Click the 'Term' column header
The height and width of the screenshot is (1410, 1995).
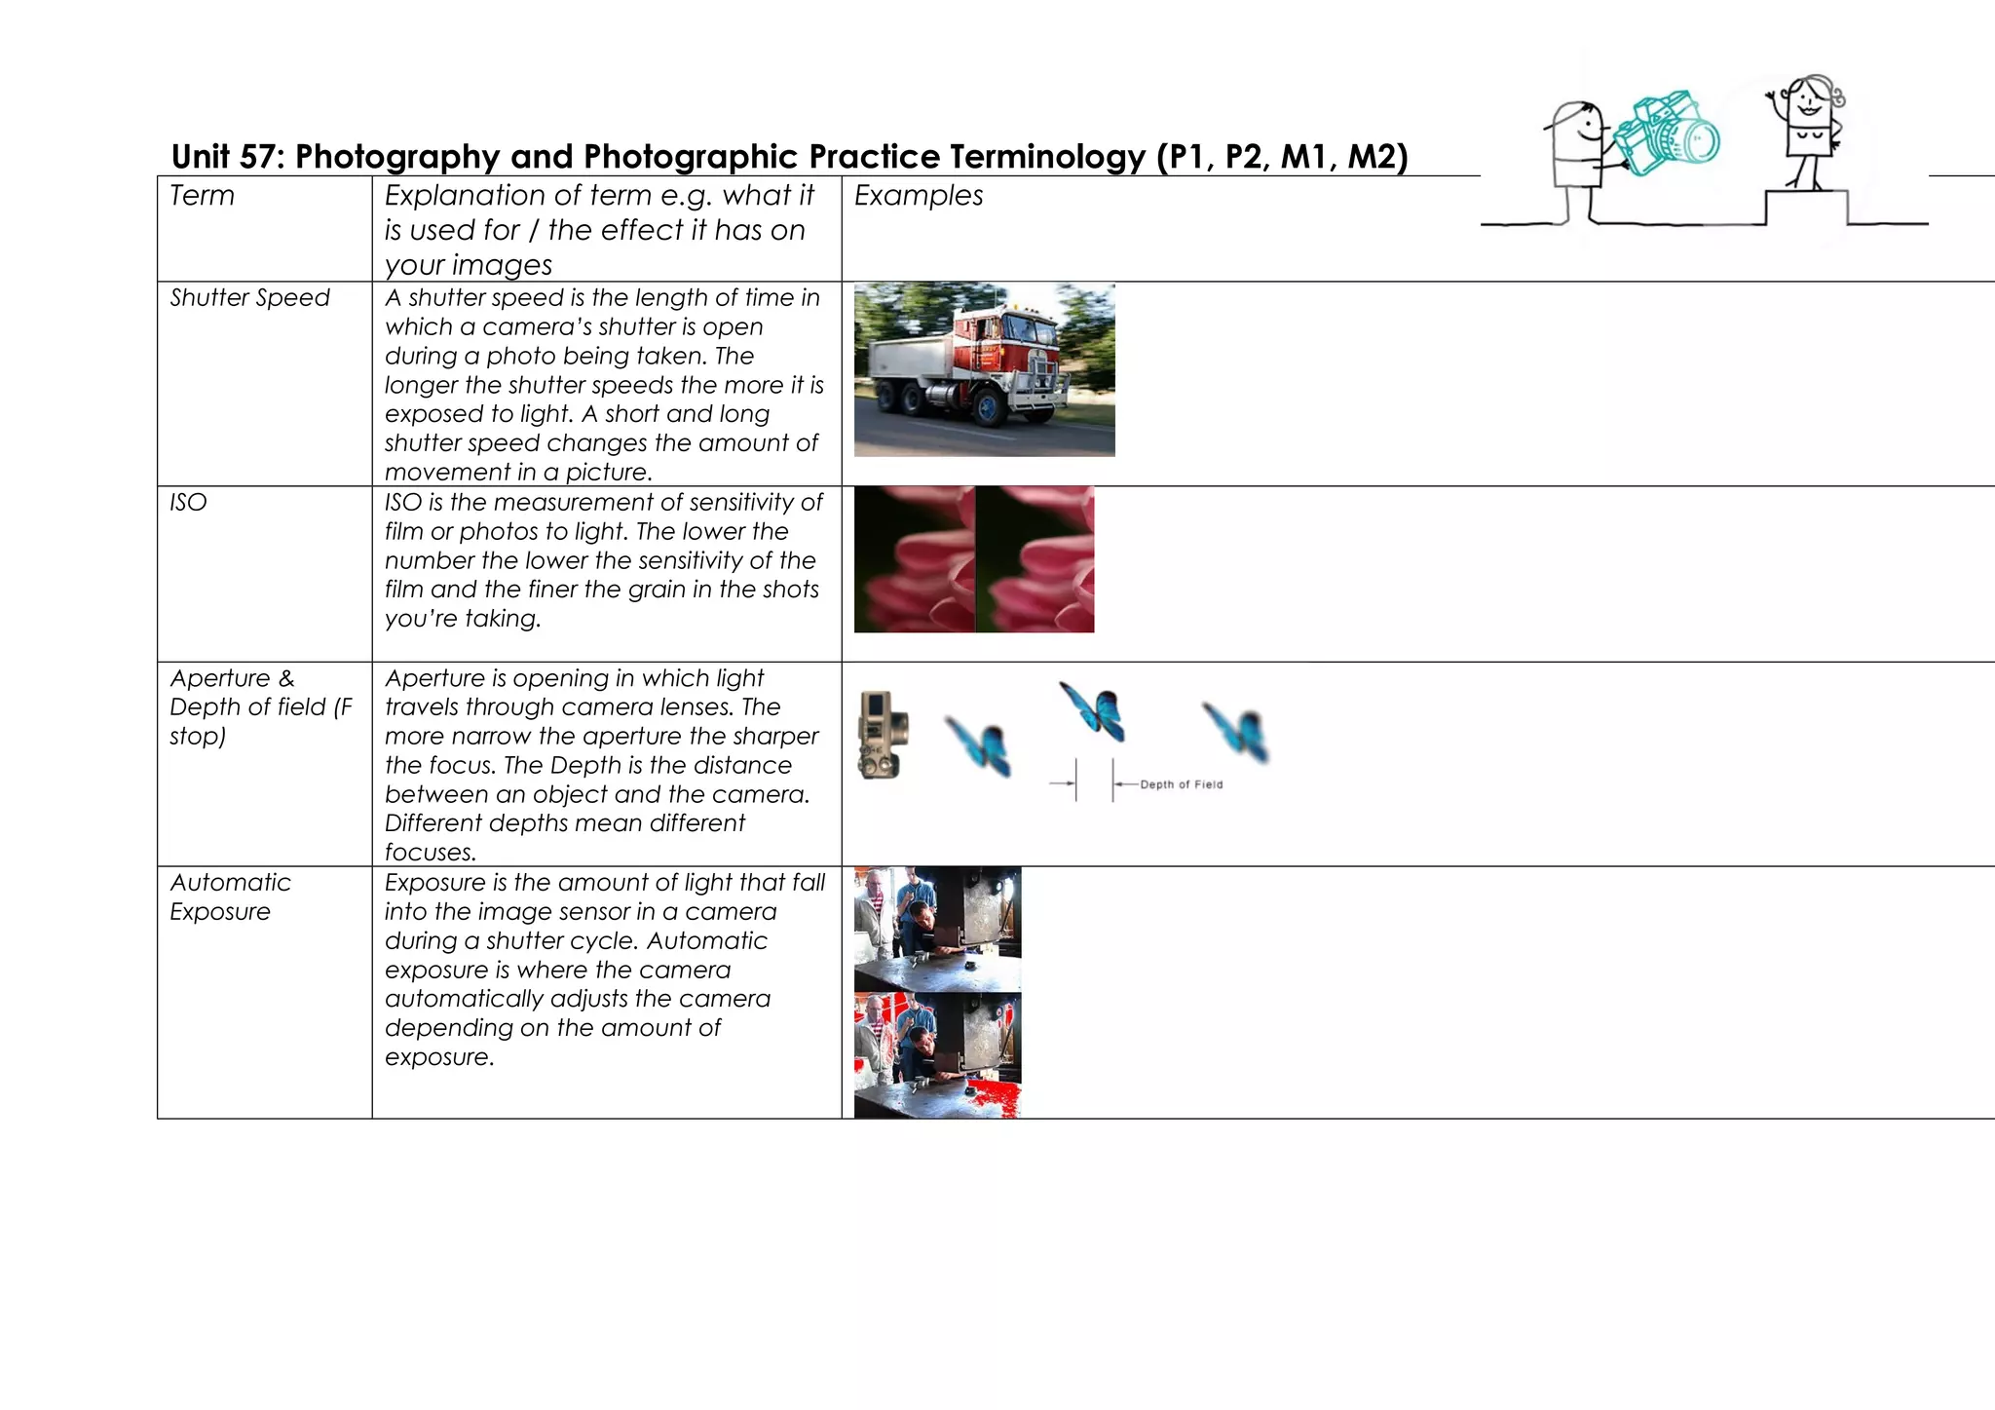pos(202,196)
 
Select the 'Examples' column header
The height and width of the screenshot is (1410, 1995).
pos(918,196)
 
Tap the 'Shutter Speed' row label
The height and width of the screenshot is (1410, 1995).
pos(249,298)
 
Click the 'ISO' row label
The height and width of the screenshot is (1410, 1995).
pos(188,503)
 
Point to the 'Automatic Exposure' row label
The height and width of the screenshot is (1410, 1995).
pos(230,896)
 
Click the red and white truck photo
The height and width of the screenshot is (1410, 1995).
pos(984,369)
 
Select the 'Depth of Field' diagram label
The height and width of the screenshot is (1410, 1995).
pos(1181,784)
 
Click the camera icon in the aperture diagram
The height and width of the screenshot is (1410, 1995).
pos(884,735)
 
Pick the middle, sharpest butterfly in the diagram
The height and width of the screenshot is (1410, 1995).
pos(1094,711)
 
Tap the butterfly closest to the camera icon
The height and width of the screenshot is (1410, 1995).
pos(978,745)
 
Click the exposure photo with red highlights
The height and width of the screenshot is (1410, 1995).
pos(937,1054)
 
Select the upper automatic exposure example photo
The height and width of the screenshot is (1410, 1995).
pos(937,929)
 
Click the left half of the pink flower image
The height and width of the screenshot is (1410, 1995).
pos(914,559)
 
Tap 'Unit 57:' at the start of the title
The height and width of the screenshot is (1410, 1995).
pos(227,157)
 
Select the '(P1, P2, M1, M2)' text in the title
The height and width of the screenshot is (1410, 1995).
pos(1282,157)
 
